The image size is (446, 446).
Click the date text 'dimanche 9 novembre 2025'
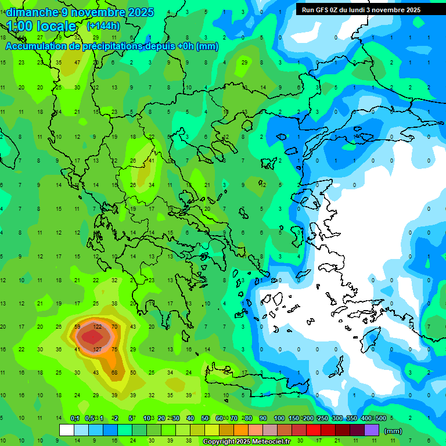pyautogui.click(x=80, y=12)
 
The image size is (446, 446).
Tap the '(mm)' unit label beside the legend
pyautogui.click(x=393, y=431)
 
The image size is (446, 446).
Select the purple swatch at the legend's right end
pyautogui.click(x=372, y=430)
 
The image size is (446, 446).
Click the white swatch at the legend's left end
pyautogui.click(x=67, y=430)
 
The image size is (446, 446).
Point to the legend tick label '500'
pyautogui.click(x=380, y=418)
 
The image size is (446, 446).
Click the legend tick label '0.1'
pyautogui.click(x=75, y=418)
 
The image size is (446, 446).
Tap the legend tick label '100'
pyautogui.click(x=279, y=418)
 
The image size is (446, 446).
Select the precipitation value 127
pyautogui.click(x=97, y=350)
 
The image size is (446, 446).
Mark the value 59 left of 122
pyautogui.click(x=77, y=327)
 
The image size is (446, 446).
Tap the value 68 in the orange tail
pyautogui.click(x=114, y=372)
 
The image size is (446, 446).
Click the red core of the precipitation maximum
pyautogui.click(x=91, y=337)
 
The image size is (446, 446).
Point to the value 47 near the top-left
pyautogui.click(x=77, y=62)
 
